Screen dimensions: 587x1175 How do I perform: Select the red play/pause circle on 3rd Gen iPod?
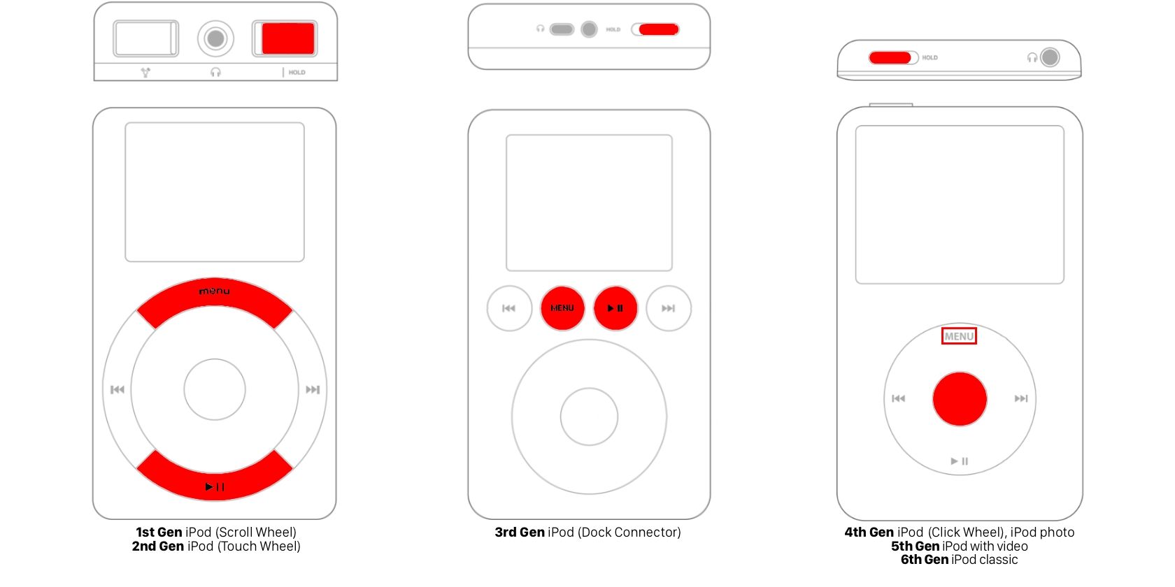click(615, 308)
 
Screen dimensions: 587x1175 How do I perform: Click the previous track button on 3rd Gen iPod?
click(509, 308)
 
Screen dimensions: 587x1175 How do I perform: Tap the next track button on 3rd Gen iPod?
click(669, 308)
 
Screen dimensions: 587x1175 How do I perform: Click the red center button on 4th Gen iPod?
click(960, 399)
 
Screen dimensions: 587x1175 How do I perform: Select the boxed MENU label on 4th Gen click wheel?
click(959, 336)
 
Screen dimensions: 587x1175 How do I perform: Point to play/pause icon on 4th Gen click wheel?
click(960, 461)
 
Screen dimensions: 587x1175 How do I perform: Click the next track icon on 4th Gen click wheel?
click(1021, 398)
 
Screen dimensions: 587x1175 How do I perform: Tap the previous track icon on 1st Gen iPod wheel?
click(117, 389)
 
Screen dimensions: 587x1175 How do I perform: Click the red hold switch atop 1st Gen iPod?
click(287, 38)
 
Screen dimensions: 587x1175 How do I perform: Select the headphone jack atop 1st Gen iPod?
click(215, 38)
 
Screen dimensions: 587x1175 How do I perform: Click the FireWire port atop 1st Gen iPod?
click(146, 38)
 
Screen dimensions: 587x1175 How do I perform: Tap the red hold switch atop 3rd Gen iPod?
click(658, 29)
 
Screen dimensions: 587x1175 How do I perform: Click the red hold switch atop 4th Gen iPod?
click(890, 57)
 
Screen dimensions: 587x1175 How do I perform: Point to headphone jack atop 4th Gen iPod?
click(1050, 57)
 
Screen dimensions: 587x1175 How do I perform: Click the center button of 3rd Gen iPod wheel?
click(589, 417)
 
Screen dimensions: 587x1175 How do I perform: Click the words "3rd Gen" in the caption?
click(520, 532)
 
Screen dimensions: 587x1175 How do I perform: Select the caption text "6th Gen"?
click(924, 560)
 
